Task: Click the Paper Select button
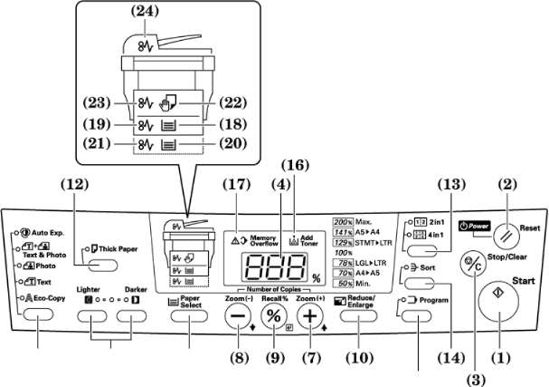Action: [189, 315]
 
